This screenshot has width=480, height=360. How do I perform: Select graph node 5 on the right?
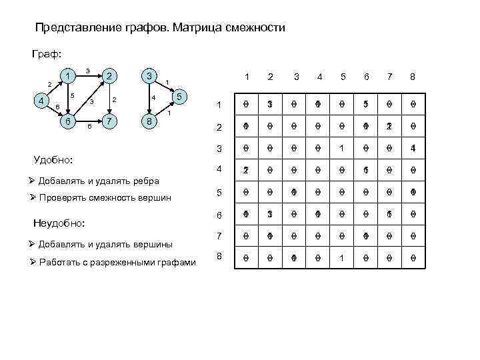point(179,97)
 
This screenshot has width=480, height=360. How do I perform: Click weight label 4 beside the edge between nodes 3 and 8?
point(153,98)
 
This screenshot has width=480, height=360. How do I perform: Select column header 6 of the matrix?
point(366,77)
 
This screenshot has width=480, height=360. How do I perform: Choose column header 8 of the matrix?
point(413,77)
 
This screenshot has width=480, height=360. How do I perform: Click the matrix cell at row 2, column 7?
point(389,126)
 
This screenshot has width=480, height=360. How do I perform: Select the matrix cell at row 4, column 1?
point(246,170)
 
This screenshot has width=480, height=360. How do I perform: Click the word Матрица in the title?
point(201,28)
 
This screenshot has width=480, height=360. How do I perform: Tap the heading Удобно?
point(53,161)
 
